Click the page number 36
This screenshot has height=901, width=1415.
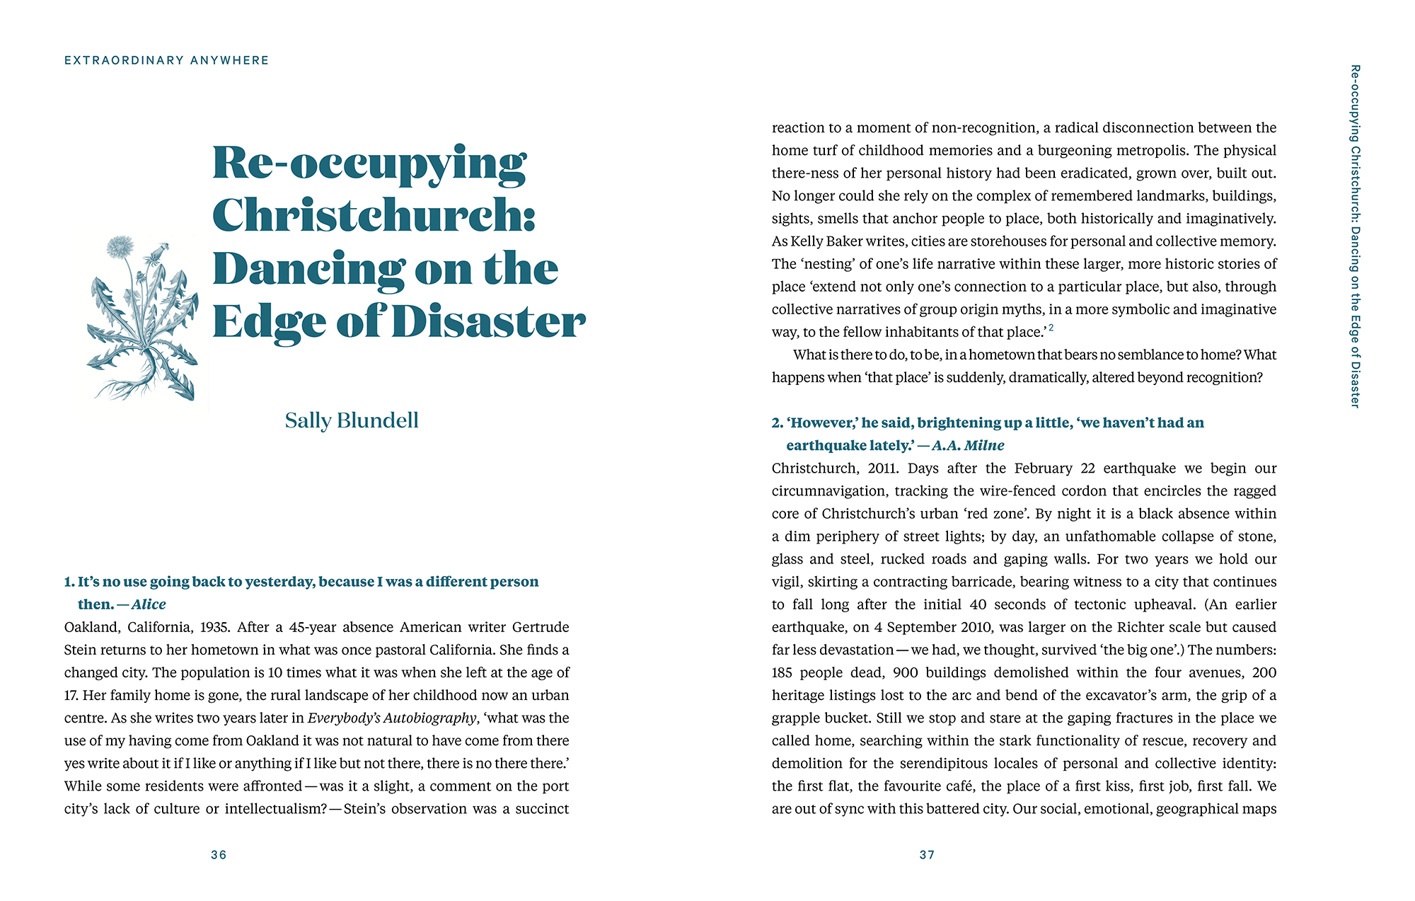tap(219, 855)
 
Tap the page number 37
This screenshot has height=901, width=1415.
tap(927, 855)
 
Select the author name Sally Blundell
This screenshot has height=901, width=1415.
tap(352, 420)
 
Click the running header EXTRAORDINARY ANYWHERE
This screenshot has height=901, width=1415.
tap(167, 60)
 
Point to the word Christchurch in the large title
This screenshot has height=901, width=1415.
tap(373, 215)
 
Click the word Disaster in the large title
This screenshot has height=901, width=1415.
tap(488, 322)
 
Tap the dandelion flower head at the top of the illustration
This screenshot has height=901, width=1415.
tap(120, 247)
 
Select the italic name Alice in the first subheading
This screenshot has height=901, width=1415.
tap(149, 604)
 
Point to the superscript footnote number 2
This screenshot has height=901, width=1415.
tap(1051, 328)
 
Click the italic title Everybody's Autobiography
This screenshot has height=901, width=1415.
tap(392, 718)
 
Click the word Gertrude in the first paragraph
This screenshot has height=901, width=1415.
tap(541, 627)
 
